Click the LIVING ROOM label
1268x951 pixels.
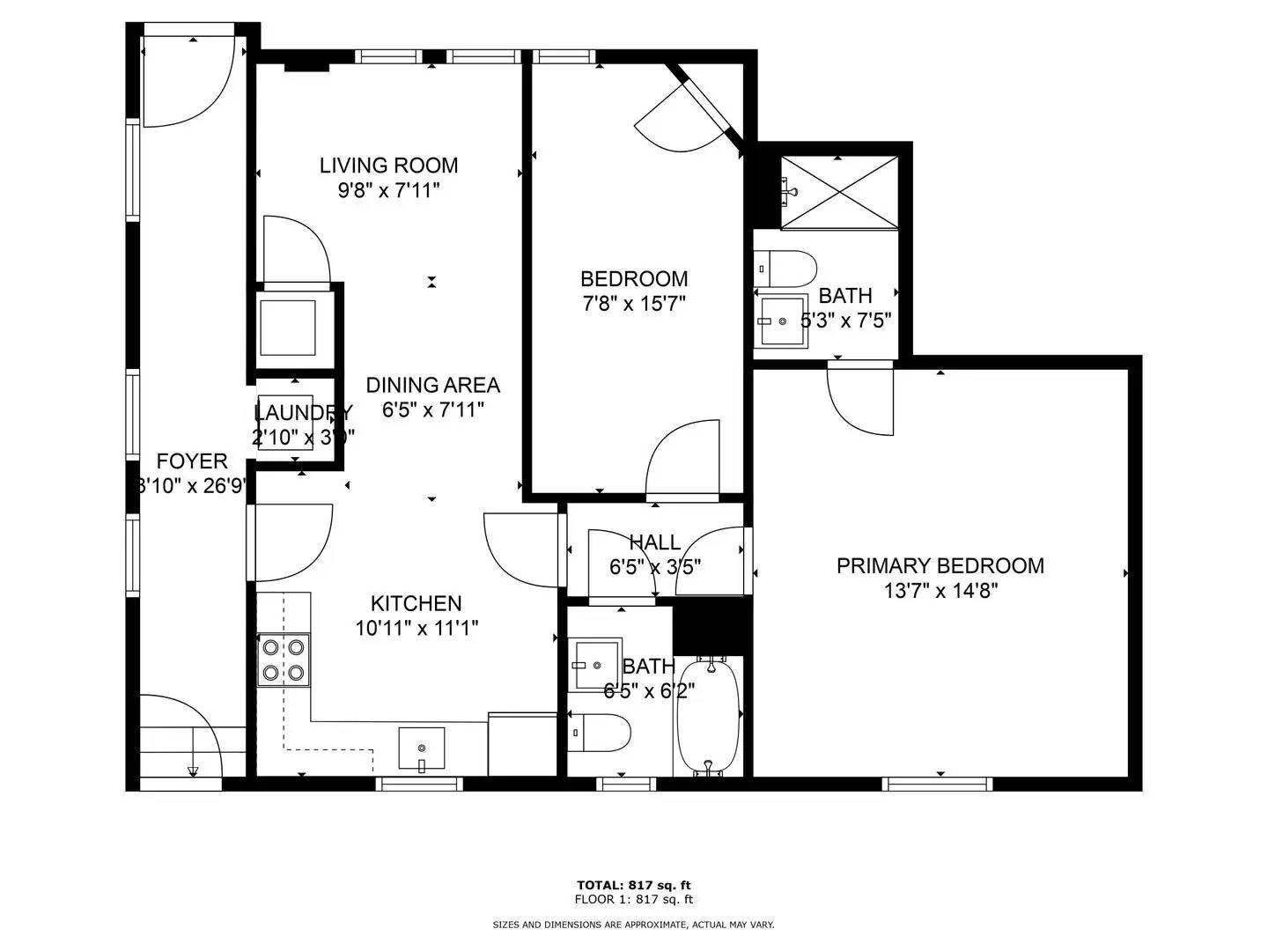click(x=388, y=165)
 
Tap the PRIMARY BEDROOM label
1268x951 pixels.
click(x=940, y=565)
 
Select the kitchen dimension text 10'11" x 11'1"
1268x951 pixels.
click(x=417, y=628)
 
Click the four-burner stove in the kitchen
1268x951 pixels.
click(x=284, y=660)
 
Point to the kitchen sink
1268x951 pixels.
click(x=422, y=748)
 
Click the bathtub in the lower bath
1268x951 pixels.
click(x=709, y=717)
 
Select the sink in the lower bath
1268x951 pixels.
click(x=595, y=664)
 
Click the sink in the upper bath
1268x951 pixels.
click(x=782, y=321)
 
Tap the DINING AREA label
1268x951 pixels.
click(x=432, y=385)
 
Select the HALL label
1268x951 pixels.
click(x=654, y=542)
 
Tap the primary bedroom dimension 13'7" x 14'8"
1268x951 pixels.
click(x=940, y=590)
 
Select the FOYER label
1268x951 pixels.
click(x=192, y=461)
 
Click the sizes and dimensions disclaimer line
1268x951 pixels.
click(x=633, y=925)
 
